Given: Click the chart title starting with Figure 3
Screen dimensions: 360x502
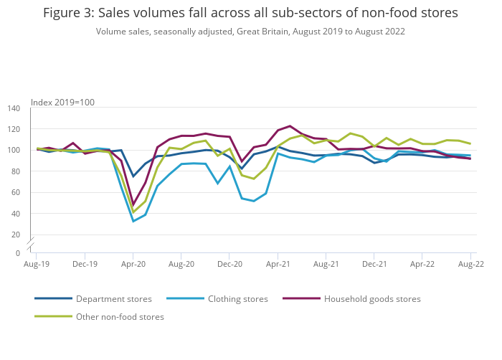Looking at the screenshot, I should (x=250, y=13).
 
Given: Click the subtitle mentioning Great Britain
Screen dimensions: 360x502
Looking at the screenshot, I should (x=250, y=32).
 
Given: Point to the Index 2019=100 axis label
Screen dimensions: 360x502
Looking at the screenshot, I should (x=62, y=103).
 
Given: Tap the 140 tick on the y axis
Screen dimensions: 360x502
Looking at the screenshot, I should (x=14, y=108).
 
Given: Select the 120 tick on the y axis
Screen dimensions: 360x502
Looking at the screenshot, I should (x=14, y=129).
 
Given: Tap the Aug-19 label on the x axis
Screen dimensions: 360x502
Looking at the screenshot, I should (x=37, y=264).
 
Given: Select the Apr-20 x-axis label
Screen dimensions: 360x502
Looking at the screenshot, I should (x=133, y=264).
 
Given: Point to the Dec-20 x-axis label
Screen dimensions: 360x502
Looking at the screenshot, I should (x=229, y=264).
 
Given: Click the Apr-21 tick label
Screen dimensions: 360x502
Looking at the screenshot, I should (x=278, y=264).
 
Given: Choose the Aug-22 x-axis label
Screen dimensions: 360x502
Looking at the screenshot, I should (x=470, y=264).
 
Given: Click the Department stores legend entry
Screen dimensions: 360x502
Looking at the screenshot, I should (x=113, y=299).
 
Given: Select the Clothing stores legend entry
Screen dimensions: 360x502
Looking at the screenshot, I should (x=237, y=299).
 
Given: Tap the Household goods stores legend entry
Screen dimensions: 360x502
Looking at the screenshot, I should (x=372, y=299).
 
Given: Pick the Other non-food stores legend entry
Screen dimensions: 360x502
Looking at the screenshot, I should (x=120, y=317).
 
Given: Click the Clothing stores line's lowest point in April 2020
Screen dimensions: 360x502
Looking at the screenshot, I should (x=133, y=221).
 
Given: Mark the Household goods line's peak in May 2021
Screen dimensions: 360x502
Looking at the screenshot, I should (x=290, y=126).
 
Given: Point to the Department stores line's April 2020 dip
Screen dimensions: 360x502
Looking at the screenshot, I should (x=133, y=176).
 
